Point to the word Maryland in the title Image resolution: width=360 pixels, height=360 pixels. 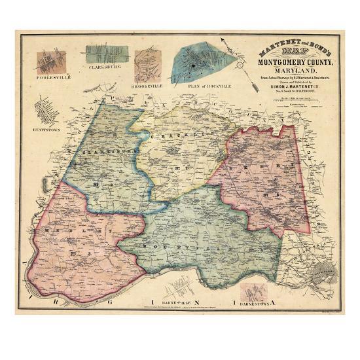(x=288, y=70)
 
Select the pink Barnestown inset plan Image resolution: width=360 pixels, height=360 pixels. (x=255, y=291)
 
